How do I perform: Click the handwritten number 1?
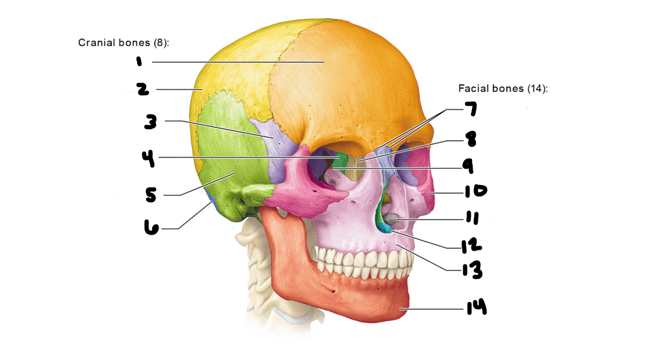coord(138,61)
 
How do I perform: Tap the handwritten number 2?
coord(143,89)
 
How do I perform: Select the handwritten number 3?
coord(150,122)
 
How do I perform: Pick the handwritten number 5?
coord(150,196)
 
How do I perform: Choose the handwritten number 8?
coord(469,138)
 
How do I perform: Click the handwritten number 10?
coord(476,190)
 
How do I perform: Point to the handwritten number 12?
coord(471,244)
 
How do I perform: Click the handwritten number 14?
coord(476,308)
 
